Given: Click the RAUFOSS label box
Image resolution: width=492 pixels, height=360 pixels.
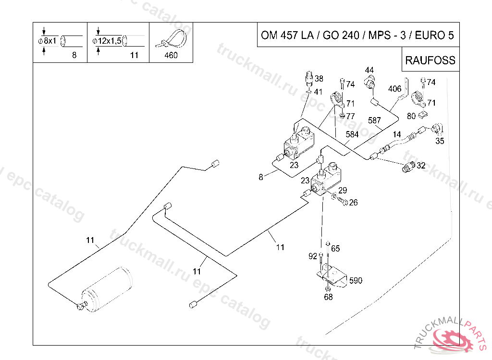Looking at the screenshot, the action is pos(430,60).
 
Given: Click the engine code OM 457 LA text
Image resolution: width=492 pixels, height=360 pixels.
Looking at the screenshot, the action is pos(287,35).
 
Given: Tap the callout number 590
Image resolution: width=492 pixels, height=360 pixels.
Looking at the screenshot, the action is pos(356,280).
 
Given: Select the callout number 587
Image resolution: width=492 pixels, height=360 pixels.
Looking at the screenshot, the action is pos(374,120).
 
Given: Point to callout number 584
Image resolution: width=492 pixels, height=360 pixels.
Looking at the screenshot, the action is pos(352,134).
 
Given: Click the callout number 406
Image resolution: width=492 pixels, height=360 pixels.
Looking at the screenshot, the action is pos(395,89).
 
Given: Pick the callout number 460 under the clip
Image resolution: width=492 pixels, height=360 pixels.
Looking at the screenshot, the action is pos(171,55).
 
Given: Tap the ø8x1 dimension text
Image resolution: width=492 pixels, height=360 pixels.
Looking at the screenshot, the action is pos(48,41).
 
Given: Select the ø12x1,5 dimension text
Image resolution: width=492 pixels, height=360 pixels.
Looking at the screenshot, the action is pos(107,41).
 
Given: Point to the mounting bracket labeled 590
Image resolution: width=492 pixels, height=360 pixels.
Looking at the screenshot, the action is pos(332,276).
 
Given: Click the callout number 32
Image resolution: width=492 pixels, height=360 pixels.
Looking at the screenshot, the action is pos(421,165).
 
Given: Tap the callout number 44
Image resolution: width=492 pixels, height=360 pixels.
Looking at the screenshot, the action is pos(369,70).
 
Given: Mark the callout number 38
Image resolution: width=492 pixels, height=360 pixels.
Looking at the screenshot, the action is pos(319,78).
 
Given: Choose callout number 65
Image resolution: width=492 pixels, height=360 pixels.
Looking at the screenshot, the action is pos(335,248).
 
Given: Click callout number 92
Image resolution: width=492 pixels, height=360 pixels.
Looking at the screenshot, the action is pos(313,256).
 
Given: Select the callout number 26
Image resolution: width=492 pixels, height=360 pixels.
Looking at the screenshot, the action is pos(353,203).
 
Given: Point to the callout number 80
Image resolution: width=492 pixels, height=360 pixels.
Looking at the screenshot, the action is pos(411,116).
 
